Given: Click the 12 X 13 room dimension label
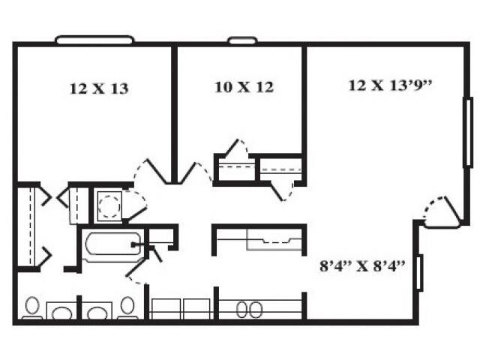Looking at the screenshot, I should [98, 88].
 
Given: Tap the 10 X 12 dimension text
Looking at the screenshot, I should [244, 87].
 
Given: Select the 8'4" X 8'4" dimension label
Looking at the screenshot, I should [362, 265].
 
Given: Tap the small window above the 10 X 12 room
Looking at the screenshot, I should [242, 40].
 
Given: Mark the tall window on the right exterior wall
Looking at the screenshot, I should [468, 132].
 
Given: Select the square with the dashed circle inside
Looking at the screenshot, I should [109, 205].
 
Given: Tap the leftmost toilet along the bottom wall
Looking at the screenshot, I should [32, 308].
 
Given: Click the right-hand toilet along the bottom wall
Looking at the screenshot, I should [127, 308].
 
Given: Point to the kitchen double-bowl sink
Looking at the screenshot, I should [250, 308].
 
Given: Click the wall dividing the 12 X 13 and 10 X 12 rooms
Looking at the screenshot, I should [174, 112].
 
